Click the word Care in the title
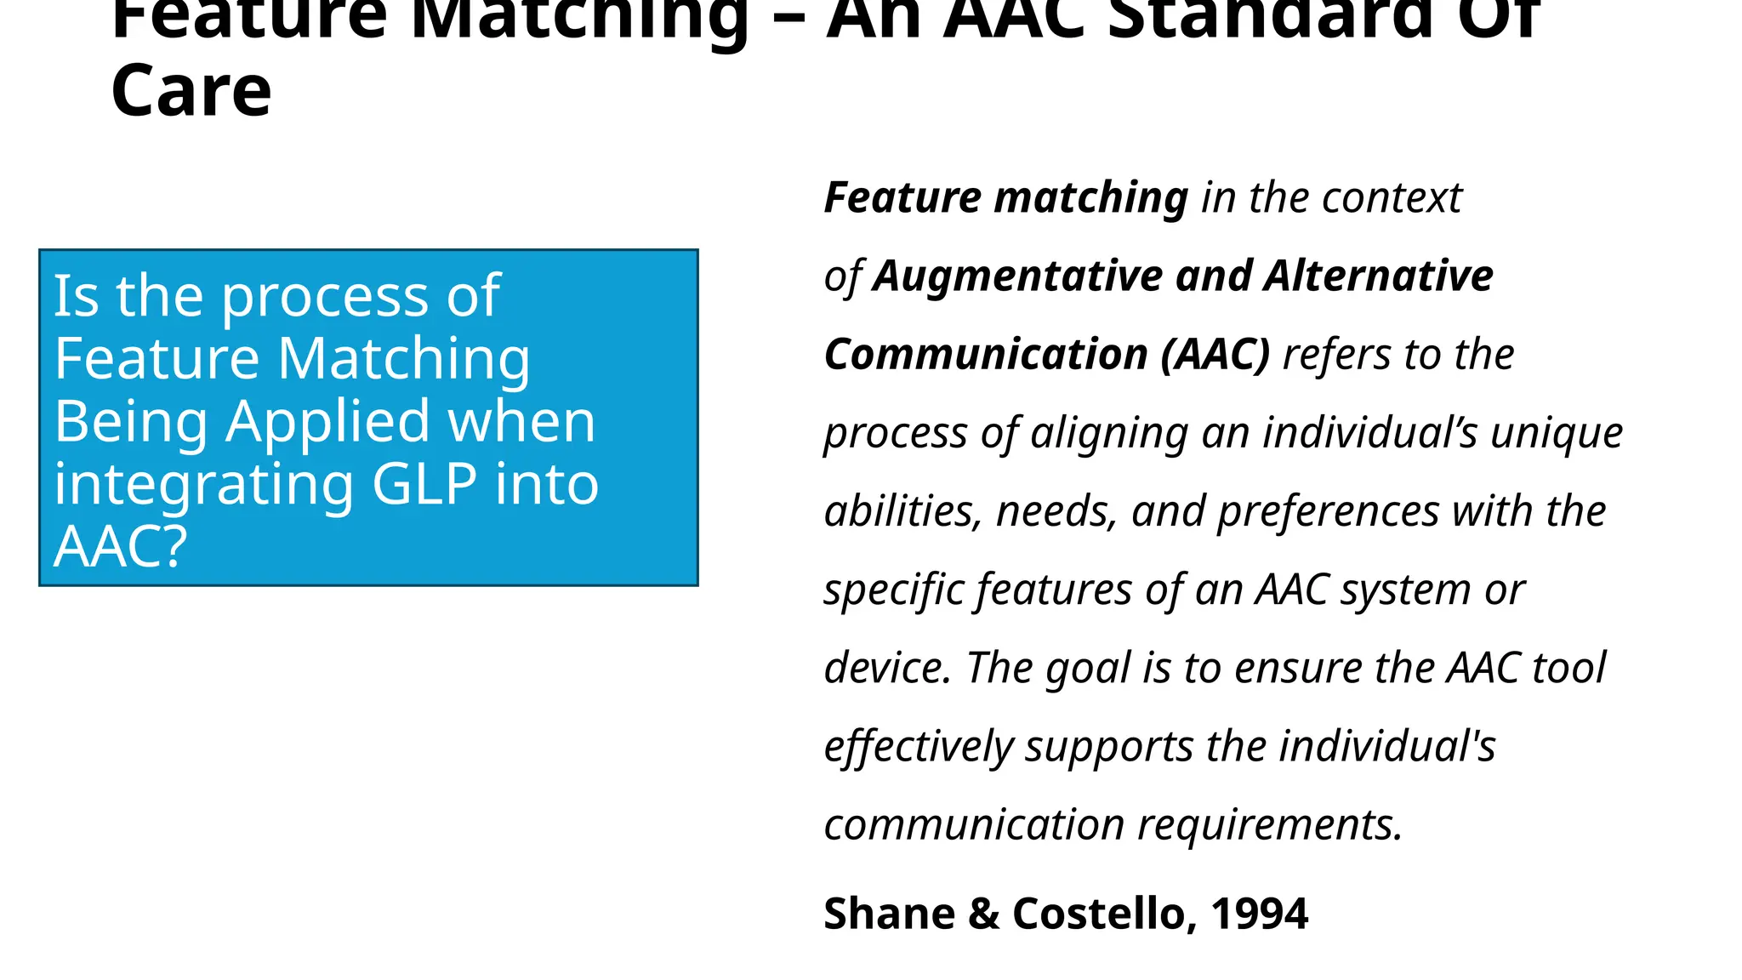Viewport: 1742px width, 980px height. click(x=191, y=92)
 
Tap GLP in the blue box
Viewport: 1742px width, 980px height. click(x=424, y=485)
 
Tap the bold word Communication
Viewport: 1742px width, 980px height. click(x=986, y=355)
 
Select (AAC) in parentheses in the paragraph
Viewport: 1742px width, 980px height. click(x=1215, y=355)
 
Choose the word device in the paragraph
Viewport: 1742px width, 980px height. click(x=886, y=668)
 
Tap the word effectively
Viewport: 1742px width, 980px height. click(x=918, y=747)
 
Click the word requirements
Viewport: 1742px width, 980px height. click(x=1269, y=825)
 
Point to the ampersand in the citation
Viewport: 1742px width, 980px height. click(x=983, y=914)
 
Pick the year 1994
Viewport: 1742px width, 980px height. click(x=1259, y=914)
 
